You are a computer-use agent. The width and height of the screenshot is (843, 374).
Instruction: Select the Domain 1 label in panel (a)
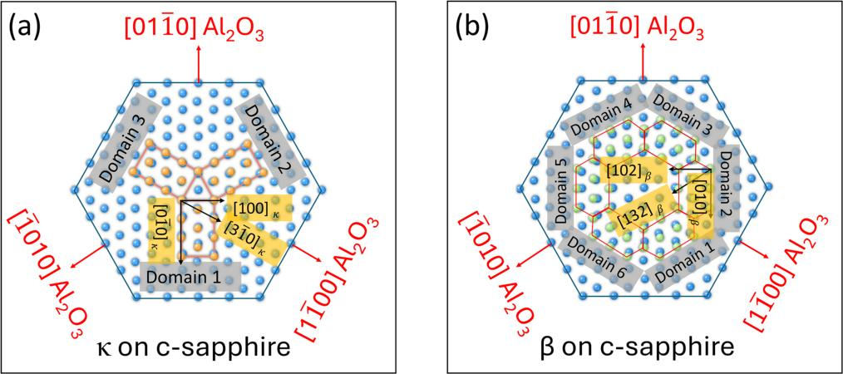click(190, 277)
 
